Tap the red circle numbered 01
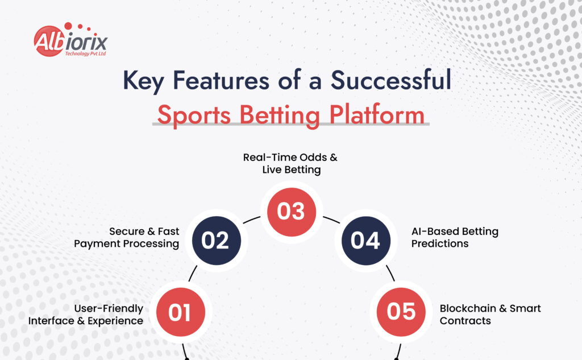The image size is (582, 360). tap(179, 312)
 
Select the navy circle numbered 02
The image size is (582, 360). tap(215, 240)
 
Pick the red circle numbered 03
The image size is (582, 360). tap(291, 211)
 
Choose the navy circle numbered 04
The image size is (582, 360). tap(365, 240)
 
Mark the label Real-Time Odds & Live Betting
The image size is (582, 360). tap(290, 164)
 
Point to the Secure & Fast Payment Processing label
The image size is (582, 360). tap(144, 238)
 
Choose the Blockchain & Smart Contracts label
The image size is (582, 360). tap(490, 315)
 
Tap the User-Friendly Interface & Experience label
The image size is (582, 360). tap(86, 315)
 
